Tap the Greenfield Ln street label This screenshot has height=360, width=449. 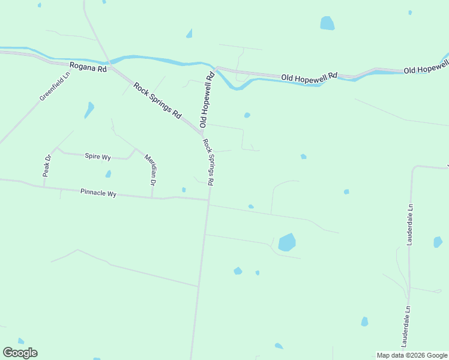tap(55, 86)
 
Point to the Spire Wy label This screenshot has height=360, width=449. tap(97, 157)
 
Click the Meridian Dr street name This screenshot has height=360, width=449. tap(150, 169)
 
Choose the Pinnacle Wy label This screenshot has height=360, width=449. tap(98, 193)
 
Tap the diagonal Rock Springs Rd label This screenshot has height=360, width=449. tap(157, 100)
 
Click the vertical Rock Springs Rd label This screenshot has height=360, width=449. tap(209, 162)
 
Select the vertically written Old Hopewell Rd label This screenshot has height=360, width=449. tap(206, 100)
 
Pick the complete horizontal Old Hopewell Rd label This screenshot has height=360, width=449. tap(310, 77)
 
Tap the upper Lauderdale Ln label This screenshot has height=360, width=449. tap(411, 225)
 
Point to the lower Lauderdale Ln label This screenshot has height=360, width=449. tap(406, 327)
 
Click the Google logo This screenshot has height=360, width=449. tap(20, 353)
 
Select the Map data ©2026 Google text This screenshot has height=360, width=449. tap(412, 355)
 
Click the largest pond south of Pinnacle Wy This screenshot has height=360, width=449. tap(287, 242)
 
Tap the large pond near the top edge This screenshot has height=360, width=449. tap(327, 23)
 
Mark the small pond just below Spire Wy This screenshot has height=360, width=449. tap(108, 174)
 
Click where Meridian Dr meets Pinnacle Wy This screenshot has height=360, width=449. tap(152, 197)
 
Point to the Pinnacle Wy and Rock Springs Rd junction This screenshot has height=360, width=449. tap(208, 201)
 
